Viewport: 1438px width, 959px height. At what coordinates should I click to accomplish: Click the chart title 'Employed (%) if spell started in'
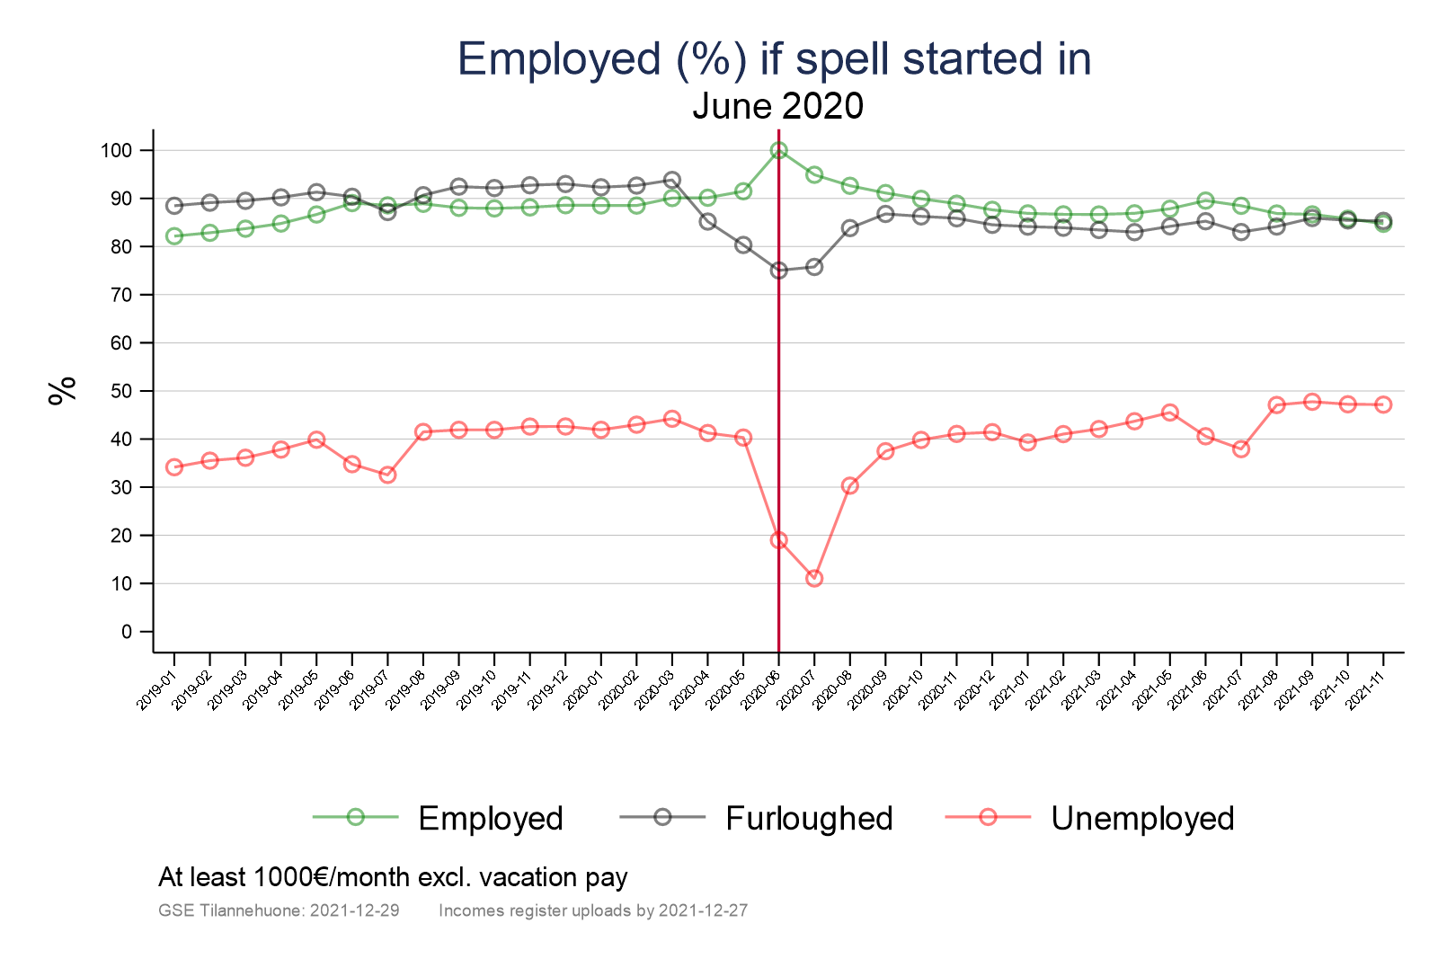click(774, 59)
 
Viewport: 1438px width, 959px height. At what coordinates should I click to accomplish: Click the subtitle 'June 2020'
click(777, 107)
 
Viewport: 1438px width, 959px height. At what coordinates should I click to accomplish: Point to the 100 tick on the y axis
click(116, 151)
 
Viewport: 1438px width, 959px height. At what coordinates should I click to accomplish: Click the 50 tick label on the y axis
click(121, 391)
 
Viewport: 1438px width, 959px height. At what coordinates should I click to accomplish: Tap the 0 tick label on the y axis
click(126, 632)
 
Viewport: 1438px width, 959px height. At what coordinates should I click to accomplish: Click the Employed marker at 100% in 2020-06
click(778, 151)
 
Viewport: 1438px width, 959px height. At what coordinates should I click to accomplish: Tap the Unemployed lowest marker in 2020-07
click(814, 578)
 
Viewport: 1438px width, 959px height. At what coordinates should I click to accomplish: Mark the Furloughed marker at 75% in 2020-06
click(778, 271)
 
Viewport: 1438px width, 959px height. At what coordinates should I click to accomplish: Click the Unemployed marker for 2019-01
click(174, 467)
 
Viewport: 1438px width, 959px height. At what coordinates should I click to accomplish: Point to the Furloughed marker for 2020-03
click(671, 180)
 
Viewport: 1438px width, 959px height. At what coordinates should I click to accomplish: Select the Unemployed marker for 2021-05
click(1169, 413)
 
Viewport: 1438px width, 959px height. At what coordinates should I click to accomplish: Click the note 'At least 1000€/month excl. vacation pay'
click(393, 877)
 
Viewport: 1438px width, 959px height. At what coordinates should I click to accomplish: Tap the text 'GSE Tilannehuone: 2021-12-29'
click(279, 910)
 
